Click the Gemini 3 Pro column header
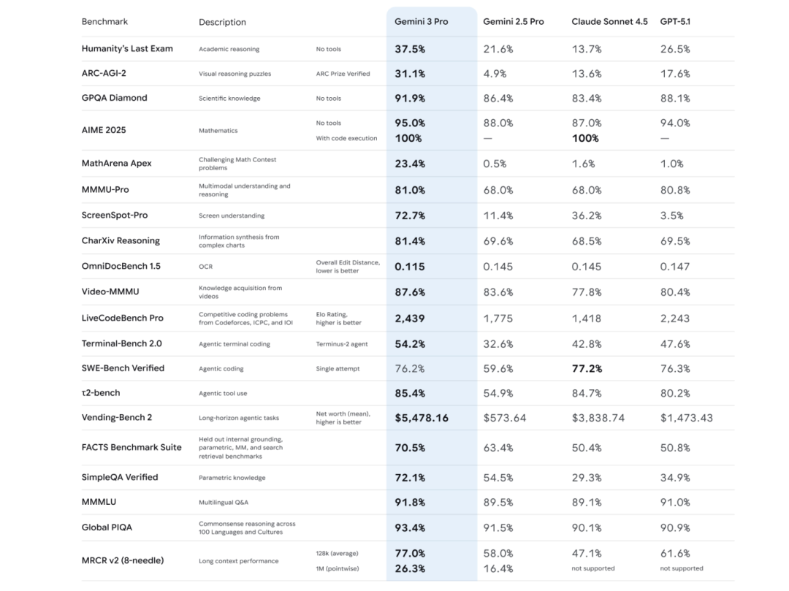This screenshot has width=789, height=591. [x=421, y=22]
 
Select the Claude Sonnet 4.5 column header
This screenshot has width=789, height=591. [x=609, y=22]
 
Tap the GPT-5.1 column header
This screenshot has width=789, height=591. [x=675, y=22]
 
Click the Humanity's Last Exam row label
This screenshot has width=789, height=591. [x=127, y=49]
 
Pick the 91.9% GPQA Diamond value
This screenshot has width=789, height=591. [x=410, y=98]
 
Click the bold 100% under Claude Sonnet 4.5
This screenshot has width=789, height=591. [x=585, y=138]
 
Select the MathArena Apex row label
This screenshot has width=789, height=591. [x=117, y=164]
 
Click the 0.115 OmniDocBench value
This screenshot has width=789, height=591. [x=409, y=267]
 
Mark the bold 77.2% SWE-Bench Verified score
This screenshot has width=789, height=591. [x=587, y=368]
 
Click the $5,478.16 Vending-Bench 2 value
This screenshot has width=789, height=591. [x=422, y=418]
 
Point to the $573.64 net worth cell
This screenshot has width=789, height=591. [x=504, y=418]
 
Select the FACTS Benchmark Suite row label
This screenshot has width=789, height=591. [x=131, y=447]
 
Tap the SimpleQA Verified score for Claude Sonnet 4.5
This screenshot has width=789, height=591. [x=587, y=478]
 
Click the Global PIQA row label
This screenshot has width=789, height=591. [x=107, y=527]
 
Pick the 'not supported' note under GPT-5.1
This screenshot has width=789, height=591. [x=682, y=568]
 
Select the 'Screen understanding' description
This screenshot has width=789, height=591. [x=232, y=216]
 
